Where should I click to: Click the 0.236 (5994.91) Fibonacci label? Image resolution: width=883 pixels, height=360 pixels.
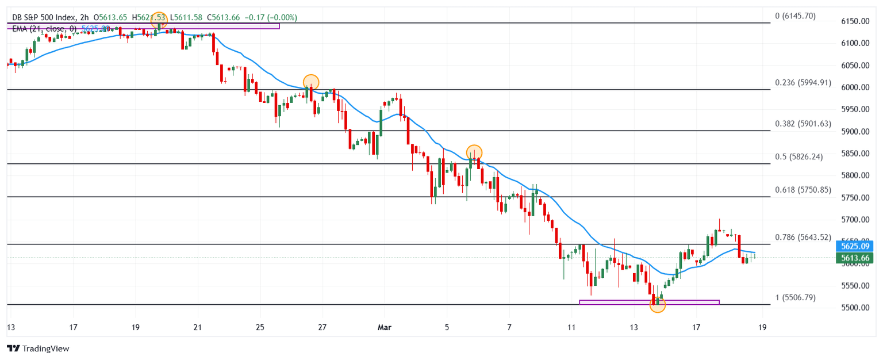coord(803,83)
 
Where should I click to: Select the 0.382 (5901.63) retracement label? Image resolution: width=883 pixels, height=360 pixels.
coord(803,124)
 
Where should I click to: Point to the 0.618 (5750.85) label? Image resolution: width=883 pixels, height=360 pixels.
coord(803,190)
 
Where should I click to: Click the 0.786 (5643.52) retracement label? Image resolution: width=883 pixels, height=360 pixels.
coord(803,237)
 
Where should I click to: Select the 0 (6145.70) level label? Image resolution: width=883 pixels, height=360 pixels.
coord(796,16)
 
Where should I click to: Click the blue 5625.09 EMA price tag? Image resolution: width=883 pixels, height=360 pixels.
coord(855,246)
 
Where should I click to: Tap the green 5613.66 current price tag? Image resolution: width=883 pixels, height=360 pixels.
coord(855,258)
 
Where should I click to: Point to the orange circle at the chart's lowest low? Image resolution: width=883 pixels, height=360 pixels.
coord(658,305)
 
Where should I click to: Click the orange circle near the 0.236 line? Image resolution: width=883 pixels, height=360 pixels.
coord(310,82)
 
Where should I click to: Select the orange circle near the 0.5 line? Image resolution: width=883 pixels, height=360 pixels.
coord(474,152)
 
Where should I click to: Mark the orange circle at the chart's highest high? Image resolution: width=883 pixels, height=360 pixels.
coord(159,21)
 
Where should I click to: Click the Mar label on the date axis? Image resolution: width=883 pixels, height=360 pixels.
coord(384,328)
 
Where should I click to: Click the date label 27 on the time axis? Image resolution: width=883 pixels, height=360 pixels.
coord(322,328)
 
